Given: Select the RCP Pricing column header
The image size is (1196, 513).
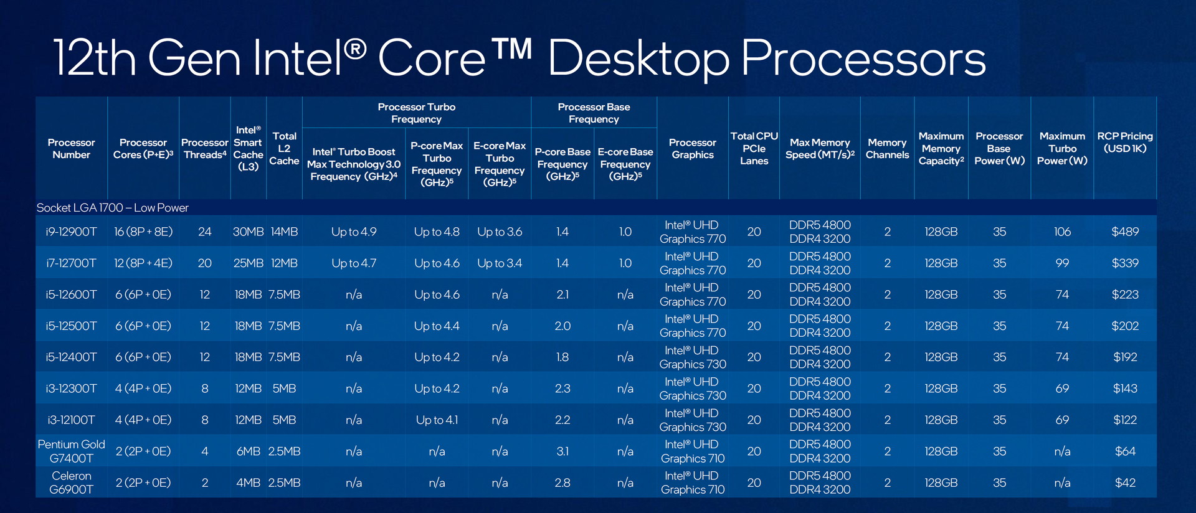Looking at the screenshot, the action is pos(1125,142).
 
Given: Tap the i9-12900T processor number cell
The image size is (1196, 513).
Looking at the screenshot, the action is pos(71,232).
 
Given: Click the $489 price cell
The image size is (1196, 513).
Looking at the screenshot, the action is pos(1125,232).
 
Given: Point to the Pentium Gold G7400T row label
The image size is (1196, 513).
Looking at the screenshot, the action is pos(71,451).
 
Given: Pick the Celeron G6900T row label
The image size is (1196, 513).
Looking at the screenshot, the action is pos(71,482).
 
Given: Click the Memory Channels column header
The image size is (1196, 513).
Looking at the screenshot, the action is pos(887,149).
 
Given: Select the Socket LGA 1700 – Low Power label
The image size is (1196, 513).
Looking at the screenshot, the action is pos(112,208).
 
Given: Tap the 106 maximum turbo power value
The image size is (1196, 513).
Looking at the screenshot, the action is pos(1062,232).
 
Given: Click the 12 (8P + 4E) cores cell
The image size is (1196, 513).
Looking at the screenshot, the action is pos(143,263).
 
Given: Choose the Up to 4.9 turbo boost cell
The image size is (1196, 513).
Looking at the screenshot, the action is pos(354,232).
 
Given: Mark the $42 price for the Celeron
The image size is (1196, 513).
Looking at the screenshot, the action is pos(1125,482).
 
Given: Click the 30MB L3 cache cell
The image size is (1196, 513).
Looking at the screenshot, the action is pos(248,232).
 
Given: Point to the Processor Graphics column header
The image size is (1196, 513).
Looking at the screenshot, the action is pos(693,149).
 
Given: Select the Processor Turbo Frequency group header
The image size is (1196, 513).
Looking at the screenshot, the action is pos(416,113).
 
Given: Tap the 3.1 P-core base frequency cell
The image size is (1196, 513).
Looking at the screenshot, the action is pos(562,451).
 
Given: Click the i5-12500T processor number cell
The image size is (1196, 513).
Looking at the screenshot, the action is pos(71,326).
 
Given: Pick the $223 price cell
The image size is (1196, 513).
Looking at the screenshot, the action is pos(1125,294).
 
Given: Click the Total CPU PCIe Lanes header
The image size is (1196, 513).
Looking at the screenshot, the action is pos(754,148).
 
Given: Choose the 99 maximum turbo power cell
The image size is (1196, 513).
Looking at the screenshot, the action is pos(1062,263).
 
